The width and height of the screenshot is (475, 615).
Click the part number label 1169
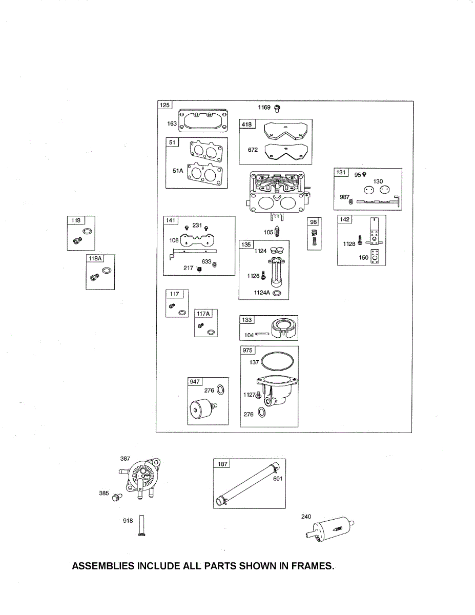coord(264,108)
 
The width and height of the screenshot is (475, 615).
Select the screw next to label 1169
coord(277,108)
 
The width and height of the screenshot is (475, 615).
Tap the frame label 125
coord(164,106)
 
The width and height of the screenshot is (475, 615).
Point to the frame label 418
coord(247,124)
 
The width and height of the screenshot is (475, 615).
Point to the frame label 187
coord(222,464)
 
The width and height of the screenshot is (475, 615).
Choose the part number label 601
coord(278,479)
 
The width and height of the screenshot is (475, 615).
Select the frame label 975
coord(248,351)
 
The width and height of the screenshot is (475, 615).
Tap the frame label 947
coord(195,382)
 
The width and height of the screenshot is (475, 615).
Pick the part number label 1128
coord(349,244)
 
